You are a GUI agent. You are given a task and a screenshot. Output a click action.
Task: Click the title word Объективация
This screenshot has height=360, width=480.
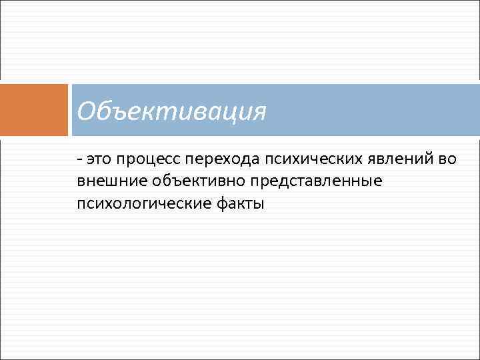(171, 111)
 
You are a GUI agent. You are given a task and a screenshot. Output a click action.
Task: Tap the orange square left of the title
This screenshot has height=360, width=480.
(34, 109)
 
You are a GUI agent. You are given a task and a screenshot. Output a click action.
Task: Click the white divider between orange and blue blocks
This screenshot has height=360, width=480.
(70, 109)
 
